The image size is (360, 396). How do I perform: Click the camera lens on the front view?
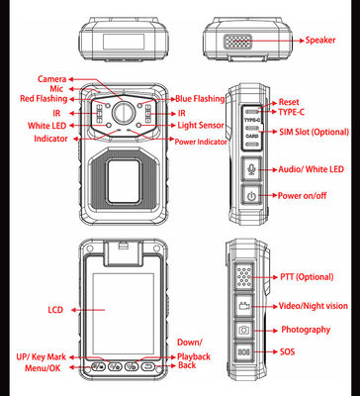coord(124,110)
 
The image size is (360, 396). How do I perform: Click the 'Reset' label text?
coord(288,102)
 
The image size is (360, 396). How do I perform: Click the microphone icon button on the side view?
coord(251,168)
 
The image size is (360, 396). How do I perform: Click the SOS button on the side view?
coord(243,351)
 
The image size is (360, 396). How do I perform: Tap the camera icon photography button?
coord(243,329)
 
